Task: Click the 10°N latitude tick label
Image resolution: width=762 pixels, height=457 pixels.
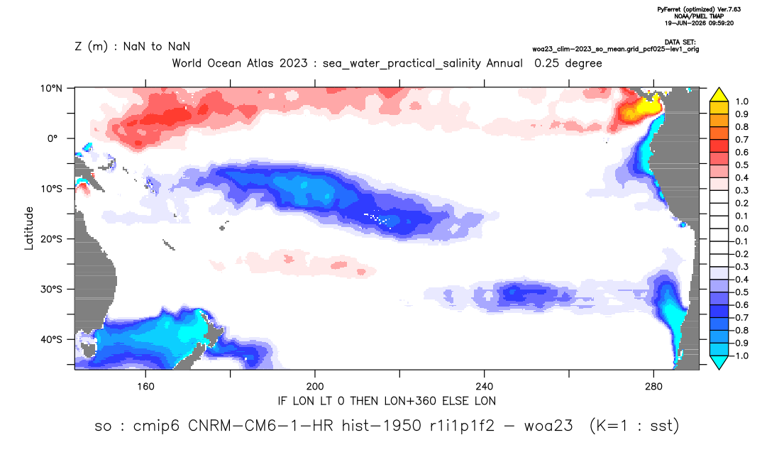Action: click(x=51, y=89)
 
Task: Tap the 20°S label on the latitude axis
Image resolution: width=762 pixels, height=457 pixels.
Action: click(x=51, y=239)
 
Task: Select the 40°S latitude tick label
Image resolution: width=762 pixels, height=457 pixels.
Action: click(x=51, y=339)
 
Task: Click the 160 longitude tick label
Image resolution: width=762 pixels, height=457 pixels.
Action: click(x=145, y=387)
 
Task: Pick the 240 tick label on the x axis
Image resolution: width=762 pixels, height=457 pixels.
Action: click(x=485, y=387)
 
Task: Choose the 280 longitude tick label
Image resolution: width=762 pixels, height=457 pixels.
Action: click(x=653, y=387)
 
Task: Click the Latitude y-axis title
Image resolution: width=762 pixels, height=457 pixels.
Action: click(x=29, y=228)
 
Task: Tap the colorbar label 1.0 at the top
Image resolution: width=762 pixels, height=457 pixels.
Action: click(x=741, y=101)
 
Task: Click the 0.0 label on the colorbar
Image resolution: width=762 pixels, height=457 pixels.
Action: click(x=741, y=228)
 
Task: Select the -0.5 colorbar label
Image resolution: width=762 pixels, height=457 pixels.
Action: click(x=739, y=292)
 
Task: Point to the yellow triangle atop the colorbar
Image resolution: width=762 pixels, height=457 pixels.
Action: click(x=719, y=94)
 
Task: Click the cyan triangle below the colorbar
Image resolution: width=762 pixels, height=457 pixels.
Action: click(x=719, y=362)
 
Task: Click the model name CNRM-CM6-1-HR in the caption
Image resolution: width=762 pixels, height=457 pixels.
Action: click(x=260, y=426)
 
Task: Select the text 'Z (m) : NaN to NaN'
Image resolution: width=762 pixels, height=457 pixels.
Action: click(x=133, y=47)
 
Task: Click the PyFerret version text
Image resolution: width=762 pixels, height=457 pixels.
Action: click(x=699, y=9)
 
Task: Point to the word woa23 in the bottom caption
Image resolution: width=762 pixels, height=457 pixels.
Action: click(x=548, y=426)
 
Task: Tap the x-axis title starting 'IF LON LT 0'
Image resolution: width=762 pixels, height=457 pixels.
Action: click(x=387, y=401)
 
